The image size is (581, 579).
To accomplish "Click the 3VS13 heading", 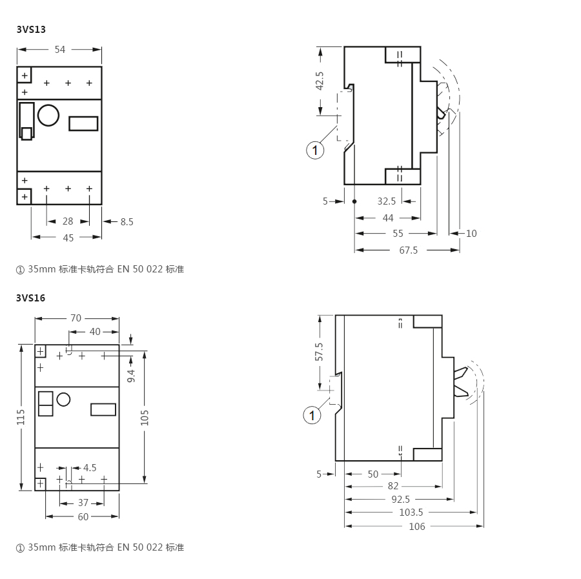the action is [x=31, y=29].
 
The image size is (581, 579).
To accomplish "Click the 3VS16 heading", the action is [x=31, y=298].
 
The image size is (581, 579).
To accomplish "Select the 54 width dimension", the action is [x=59, y=50].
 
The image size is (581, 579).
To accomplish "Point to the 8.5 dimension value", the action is [x=127, y=222].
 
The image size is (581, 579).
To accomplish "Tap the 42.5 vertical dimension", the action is [x=320, y=81].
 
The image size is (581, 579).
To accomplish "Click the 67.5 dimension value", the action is [x=409, y=250].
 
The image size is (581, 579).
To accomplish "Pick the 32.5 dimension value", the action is [x=387, y=201].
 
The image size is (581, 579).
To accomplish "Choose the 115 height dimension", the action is [x=21, y=417].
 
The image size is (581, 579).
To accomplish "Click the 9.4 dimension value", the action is [x=131, y=376].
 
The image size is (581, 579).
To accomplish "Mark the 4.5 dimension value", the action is [x=90, y=468].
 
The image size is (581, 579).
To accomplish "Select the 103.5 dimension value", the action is [x=411, y=513].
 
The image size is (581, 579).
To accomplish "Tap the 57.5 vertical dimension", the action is [x=319, y=352].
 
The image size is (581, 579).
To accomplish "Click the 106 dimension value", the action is [x=417, y=527].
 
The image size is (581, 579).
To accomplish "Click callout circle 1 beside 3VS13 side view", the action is [x=315, y=150].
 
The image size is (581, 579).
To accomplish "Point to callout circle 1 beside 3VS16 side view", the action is [x=312, y=415].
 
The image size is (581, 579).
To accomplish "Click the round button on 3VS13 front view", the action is [x=48, y=115].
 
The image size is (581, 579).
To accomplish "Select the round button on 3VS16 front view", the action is [x=63, y=400].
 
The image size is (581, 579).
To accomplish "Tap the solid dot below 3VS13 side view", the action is [x=354, y=201].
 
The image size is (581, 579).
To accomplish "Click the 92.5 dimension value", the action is [x=400, y=500].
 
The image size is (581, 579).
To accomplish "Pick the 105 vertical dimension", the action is [x=145, y=418].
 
